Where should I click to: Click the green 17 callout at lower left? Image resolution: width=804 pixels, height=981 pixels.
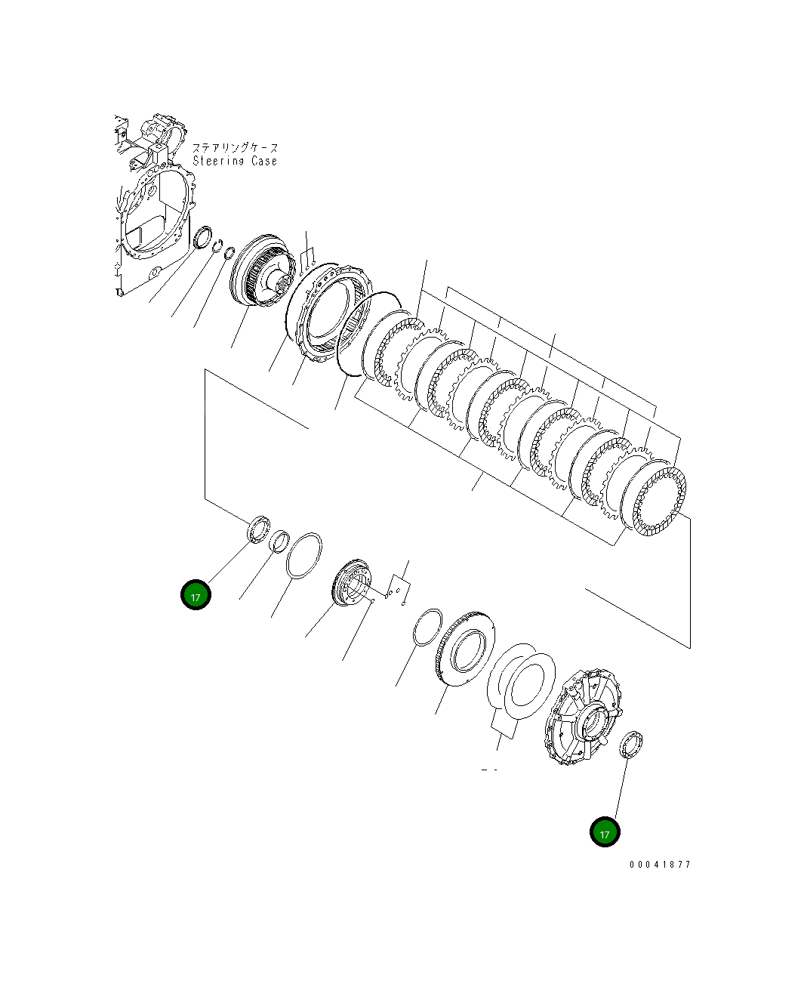pyautogui.click(x=196, y=595)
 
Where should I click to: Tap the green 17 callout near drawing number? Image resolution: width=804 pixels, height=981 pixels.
pyautogui.click(x=604, y=832)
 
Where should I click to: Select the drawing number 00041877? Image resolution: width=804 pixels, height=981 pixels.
pyautogui.click(x=660, y=865)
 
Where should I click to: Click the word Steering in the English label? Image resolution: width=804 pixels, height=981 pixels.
pyautogui.click(x=218, y=161)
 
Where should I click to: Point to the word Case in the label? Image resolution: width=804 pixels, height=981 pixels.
pyautogui.click(x=264, y=161)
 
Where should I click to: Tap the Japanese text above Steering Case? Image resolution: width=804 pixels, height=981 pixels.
pyautogui.click(x=235, y=148)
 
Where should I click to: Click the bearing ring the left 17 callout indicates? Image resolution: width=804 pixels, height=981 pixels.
pyautogui.click(x=259, y=528)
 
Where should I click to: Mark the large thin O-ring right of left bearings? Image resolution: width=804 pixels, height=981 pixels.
pyautogui.click(x=304, y=556)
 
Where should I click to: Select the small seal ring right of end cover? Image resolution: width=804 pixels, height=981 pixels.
pyautogui.click(x=630, y=743)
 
